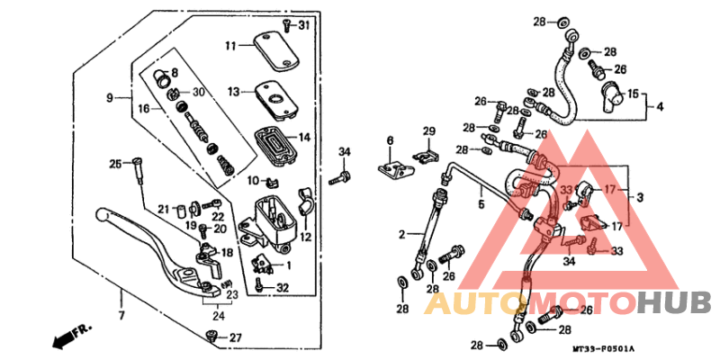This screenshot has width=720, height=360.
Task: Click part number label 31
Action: tap(303, 24)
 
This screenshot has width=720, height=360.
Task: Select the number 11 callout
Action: tap(230, 45)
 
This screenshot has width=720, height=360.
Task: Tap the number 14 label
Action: tap(304, 138)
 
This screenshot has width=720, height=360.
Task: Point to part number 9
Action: tap(110, 97)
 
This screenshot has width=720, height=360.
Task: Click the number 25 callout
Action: tap(115, 164)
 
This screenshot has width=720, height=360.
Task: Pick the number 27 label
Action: tap(236, 338)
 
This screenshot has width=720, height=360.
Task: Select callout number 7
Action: tap(121, 315)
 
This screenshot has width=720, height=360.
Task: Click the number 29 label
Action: tap(429, 131)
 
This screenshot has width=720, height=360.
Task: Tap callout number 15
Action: tap(633, 94)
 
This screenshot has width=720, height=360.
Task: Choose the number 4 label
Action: tap(660, 107)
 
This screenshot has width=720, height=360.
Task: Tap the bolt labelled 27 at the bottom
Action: tap(212, 337)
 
